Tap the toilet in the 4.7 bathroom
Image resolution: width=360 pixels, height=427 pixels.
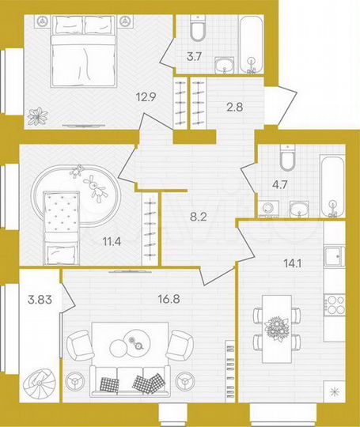click(288, 160)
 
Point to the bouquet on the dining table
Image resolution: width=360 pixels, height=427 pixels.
click(276, 327)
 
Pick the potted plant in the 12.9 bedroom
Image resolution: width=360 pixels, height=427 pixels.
click(36, 116)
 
